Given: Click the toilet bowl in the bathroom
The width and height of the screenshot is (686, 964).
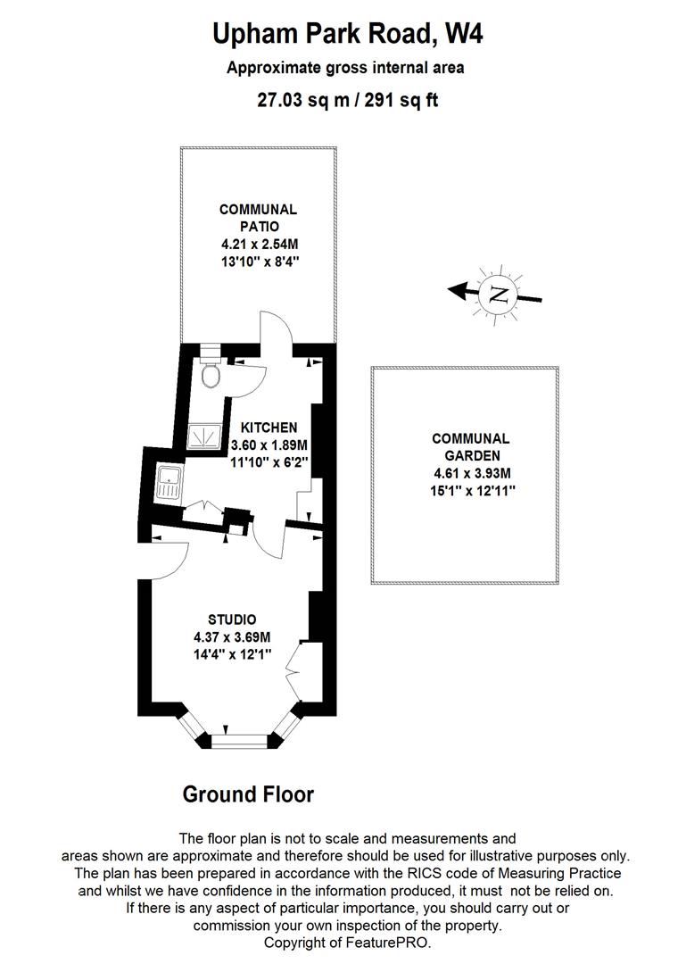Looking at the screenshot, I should click(x=211, y=377).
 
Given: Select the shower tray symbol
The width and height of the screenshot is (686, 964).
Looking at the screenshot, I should click(x=206, y=435).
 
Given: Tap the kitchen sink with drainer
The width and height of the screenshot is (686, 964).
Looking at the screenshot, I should click(x=168, y=483).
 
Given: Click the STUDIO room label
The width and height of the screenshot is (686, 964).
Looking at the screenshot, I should click(x=232, y=619).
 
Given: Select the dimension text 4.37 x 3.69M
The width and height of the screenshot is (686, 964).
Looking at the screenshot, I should click(x=232, y=637).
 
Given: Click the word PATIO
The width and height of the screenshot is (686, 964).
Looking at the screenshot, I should click(x=259, y=227).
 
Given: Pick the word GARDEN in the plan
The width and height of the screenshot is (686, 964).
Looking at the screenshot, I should click(x=470, y=456).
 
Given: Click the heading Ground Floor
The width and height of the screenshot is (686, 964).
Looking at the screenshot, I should click(x=248, y=794).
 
